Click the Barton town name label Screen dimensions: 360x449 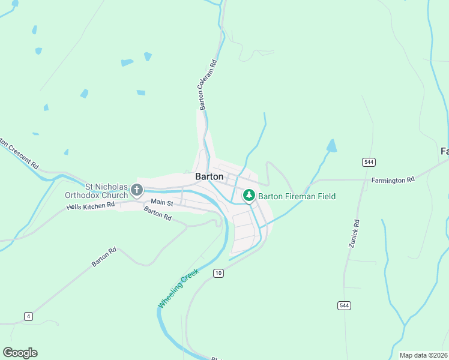(x=209, y=177)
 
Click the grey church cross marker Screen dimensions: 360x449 (x=137, y=191)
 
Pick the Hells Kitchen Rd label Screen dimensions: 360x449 (x=90, y=206)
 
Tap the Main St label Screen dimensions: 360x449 (x=161, y=203)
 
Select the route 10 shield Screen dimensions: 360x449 (x=218, y=273)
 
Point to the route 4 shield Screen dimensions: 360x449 (x=28, y=316)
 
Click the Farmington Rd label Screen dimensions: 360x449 (x=393, y=179)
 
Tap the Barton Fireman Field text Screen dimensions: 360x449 (x=297, y=196)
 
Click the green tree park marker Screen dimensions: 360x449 (x=249, y=196)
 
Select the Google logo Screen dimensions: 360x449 (x=20, y=353)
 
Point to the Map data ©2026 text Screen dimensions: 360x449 (x=423, y=355)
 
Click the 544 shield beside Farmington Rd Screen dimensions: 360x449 (x=369, y=162)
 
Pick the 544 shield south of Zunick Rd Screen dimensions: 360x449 (x=344, y=305)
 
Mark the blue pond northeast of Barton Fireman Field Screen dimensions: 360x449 (x=331, y=145)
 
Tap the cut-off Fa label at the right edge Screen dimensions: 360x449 (x=445, y=151)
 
